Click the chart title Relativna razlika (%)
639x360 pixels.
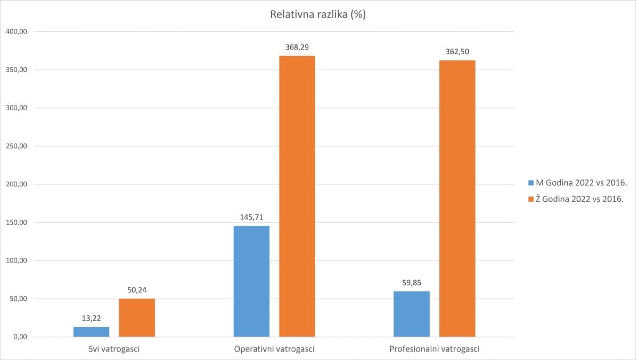click(x=317, y=15)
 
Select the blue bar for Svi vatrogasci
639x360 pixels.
click(x=92, y=332)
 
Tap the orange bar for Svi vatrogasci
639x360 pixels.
click(x=137, y=318)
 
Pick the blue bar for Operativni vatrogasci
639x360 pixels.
click(x=251, y=281)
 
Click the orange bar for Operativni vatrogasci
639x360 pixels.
click(x=297, y=197)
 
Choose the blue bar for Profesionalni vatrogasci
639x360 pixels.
click(x=412, y=314)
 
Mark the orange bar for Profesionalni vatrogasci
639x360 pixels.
click(x=457, y=199)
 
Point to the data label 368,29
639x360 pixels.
click(x=297, y=47)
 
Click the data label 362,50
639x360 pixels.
click(x=457, y=52)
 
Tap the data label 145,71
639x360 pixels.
click(x=251, y=217)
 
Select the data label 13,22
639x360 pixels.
click(x=92, y=318)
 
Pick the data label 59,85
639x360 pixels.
click(x=412, y=283)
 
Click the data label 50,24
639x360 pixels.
click(x=137, y=290)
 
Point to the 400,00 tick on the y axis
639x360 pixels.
click(x=17, y=31)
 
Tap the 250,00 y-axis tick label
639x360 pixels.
click(x=17, y=146)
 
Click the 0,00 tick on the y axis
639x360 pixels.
click(x=19, y=337)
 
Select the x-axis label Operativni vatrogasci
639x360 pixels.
click(x=274, y=349)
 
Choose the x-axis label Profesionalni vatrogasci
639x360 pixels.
click(x=435, y=349)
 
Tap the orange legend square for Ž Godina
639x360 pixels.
click(x=531, y=200)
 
